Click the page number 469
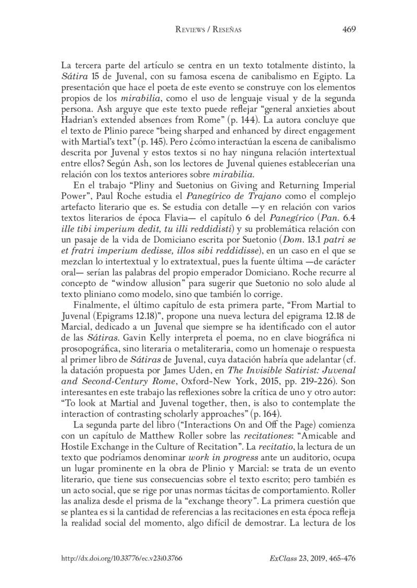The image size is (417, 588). point(349,30)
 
